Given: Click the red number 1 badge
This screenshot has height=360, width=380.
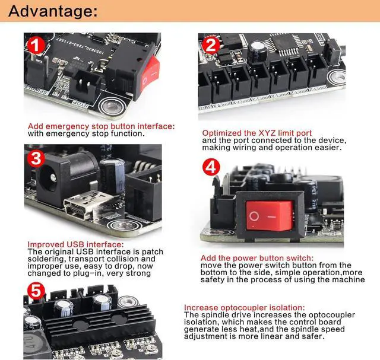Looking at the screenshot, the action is [36, 45].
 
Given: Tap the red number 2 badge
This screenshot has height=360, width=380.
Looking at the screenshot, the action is [211, 45].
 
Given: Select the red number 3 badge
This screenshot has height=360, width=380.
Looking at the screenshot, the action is [36, 159].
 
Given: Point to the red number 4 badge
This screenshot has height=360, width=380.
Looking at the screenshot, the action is [211, 167].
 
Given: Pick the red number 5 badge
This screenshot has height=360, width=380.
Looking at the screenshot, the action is [36, 291].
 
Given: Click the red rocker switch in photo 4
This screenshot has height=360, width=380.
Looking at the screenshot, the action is [270, 215].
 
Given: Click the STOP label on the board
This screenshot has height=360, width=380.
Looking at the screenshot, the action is [81, 104].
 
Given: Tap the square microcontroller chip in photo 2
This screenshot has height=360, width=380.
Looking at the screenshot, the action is [284, 43].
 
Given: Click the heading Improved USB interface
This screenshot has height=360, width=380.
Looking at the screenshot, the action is [75, 244].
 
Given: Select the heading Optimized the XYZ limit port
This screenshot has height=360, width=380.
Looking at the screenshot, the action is [257, 133].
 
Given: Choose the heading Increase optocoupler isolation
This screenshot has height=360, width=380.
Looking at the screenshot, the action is [244, 307].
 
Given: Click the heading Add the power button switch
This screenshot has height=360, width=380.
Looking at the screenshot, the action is [257, 258].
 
